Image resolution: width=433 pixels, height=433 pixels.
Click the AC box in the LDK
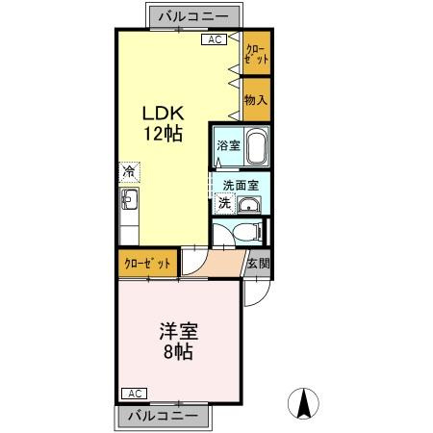tap(214, 39)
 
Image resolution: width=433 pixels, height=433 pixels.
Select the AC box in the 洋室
tap(133, 394)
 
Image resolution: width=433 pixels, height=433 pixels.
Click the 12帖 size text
tap(162, 135)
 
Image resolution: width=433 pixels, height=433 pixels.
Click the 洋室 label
tap(180, 330)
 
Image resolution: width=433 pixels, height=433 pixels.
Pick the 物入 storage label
tap(255, 98)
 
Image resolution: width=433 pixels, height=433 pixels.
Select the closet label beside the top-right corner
tap(256, 53)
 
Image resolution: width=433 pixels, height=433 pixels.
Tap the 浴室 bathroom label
tap(227, 146)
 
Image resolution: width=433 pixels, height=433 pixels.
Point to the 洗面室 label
tap(241, 185)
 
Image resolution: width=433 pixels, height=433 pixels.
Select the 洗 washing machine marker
tap(223, 204)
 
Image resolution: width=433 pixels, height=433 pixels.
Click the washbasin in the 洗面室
tap(248, 204)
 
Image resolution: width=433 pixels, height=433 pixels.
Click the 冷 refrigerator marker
tap(128, 172)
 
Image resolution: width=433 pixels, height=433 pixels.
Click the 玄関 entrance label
tap(257, 263)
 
